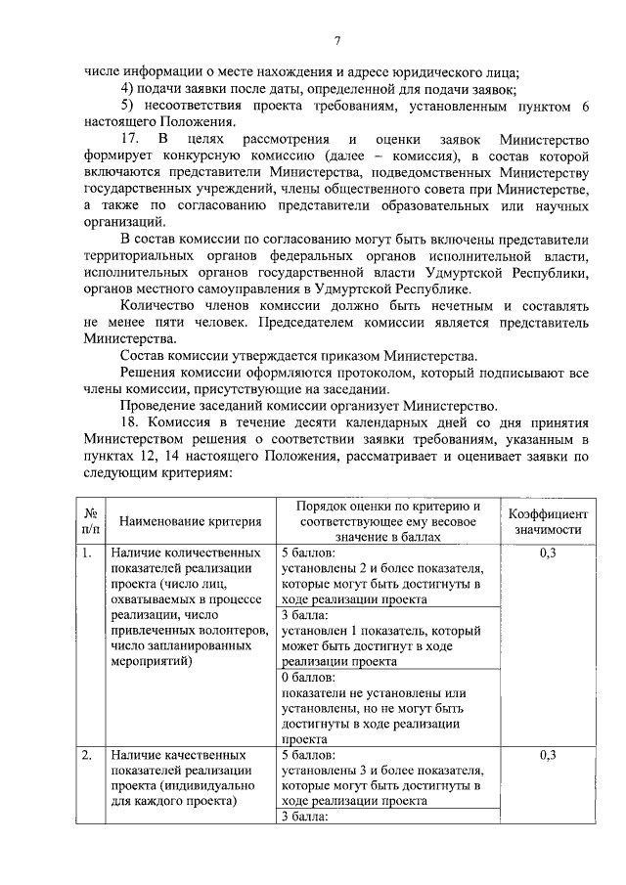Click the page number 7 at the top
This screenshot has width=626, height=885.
pyautogui.click(x=336, y=40)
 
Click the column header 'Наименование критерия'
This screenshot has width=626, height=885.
pyautogui.click(x=185, y=521)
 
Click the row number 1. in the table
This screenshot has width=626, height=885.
pyautogui.click(x=87, y=553)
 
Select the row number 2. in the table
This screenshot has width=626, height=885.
pyautogui.click(x=87, y=755)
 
